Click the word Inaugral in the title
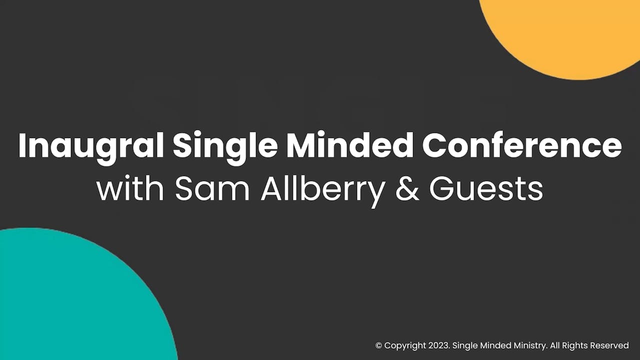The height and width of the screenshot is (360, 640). (91, 145)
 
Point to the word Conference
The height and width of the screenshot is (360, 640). (522, 144)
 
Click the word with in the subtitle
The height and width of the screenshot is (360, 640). (130, 189)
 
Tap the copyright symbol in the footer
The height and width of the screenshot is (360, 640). (378, 345)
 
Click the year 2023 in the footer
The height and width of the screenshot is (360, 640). (439, 345)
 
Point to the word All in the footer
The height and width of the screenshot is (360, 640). (554, 345)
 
